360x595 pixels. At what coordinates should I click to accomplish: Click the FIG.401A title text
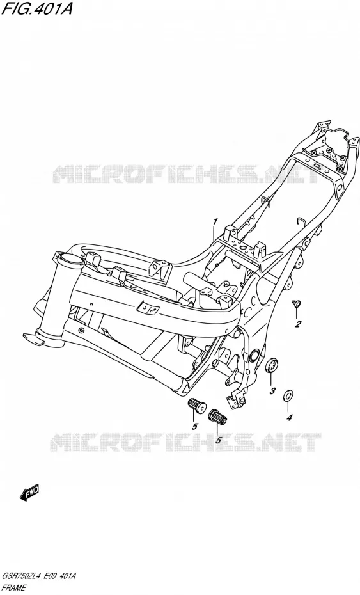pos(37,8)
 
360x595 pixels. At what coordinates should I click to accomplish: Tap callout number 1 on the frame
pos(215,221)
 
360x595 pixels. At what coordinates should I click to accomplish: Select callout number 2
pos(298,324)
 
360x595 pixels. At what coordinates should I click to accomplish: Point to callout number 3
pos(272,391)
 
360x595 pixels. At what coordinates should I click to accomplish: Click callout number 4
pos(290,417)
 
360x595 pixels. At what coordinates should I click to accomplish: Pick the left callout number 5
pos(195,426)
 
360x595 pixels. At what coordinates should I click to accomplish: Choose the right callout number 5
pos(219,440)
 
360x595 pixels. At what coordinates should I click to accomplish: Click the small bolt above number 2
pos(296,303)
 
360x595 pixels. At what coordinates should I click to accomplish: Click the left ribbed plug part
pos(196,405)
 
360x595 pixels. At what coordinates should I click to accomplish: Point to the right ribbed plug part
pos(217,416)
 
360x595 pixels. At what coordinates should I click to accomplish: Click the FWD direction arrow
pos(29,492)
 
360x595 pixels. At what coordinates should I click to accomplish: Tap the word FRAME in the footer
pos(14,588)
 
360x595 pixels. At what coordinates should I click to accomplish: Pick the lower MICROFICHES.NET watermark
pos(185,442)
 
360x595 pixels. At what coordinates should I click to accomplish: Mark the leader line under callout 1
pos(214,234)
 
